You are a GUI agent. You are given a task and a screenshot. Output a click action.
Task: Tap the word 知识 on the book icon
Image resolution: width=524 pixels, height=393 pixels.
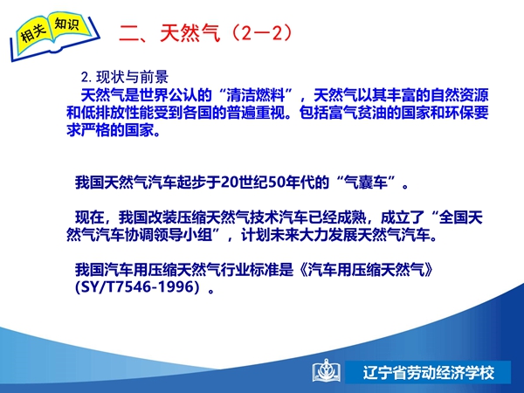tap(67, 24)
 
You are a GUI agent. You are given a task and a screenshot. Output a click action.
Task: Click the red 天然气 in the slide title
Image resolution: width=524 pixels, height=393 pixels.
tap(190, 33)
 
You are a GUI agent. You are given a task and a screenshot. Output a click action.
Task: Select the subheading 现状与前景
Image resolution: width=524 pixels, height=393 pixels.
tap(133, 77)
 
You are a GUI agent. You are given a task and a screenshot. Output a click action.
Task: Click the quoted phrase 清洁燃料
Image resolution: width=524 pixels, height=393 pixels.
tap(256, 95)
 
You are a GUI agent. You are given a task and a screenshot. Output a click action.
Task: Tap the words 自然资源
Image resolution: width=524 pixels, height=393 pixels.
tap(459, 95)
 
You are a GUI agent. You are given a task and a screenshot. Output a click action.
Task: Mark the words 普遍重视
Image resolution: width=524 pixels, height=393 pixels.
tap(256, 113)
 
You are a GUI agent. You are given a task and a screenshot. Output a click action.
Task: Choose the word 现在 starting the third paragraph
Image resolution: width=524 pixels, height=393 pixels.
tap(90, 217)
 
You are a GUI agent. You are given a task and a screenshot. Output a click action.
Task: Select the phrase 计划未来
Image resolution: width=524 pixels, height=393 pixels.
tap(270, 235)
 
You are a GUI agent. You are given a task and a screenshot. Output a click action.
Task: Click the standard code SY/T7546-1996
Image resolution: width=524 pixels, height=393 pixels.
tap(138, 287)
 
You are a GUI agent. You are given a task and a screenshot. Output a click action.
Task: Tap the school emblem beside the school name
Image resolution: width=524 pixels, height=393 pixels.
tap(326, 371)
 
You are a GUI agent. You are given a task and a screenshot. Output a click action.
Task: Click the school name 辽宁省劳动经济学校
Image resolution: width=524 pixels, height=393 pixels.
tap(428, 373)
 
